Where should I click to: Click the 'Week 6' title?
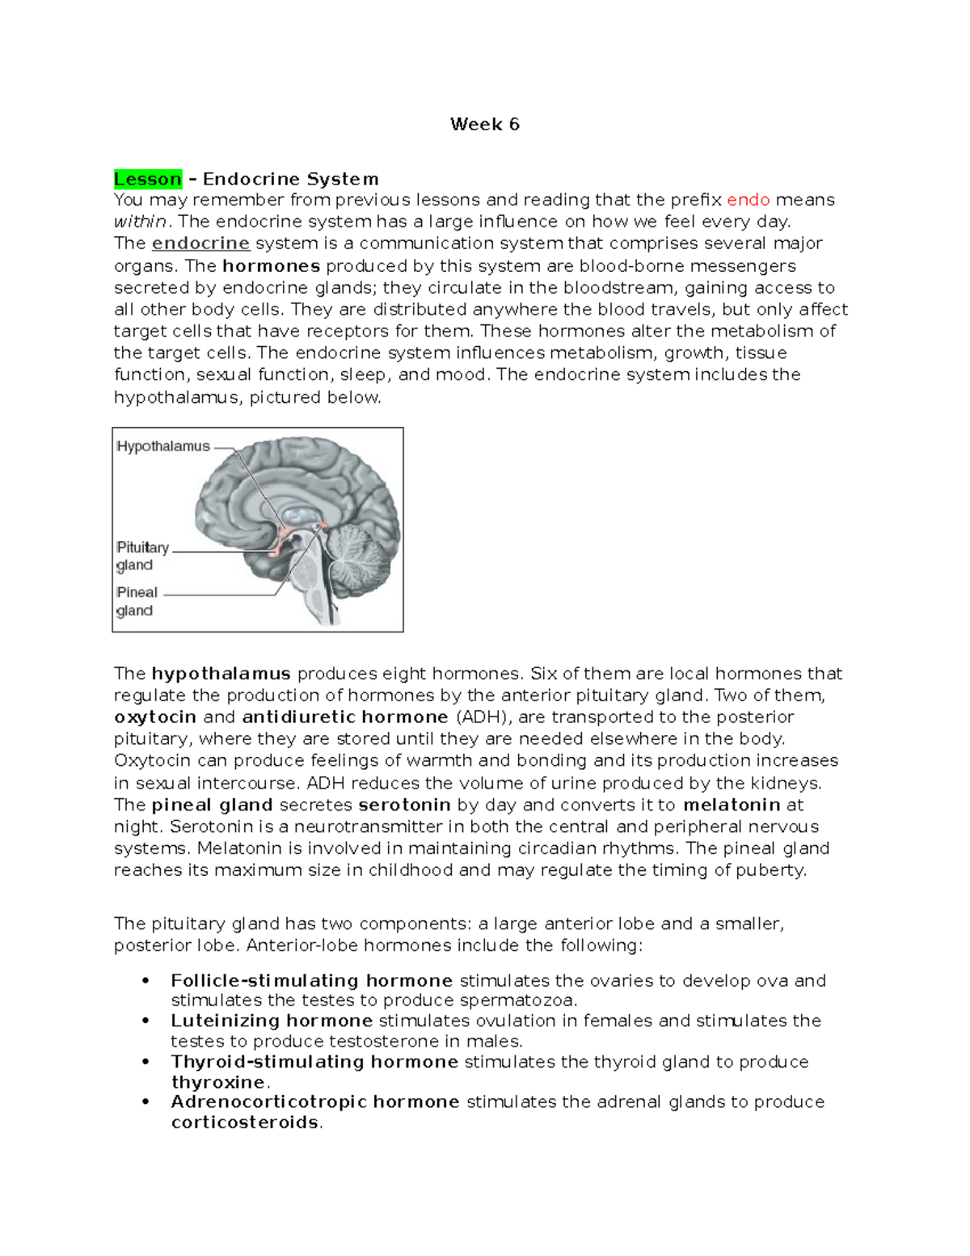[484, 125]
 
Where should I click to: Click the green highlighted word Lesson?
[148, 179]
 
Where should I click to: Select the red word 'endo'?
[748, 200]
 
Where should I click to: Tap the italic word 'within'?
[140, 222]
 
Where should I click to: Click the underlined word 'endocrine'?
[200, 243]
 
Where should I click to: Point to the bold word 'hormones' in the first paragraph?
[271, 266]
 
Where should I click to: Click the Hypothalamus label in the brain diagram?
[163, 446]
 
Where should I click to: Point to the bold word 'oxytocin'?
[155, 717]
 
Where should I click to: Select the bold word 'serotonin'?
[404, 806]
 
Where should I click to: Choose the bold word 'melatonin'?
[732, 806]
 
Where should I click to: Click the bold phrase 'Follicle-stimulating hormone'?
[311, 981]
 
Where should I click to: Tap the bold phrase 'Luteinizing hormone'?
[272, 1021]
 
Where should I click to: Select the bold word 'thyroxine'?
[218, 1082]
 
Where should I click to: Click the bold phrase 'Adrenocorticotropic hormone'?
[315, 1102]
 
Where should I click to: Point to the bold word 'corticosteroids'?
[245, 1123]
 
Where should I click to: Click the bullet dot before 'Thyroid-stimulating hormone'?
[145, 1062]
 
